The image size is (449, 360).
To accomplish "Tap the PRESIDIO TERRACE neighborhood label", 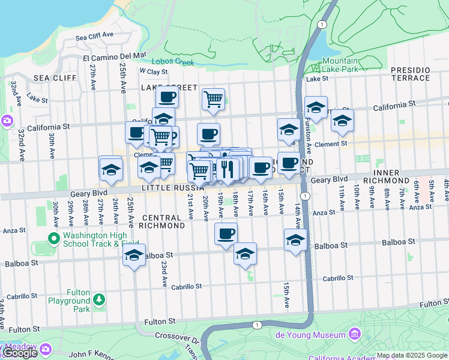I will point(411,74).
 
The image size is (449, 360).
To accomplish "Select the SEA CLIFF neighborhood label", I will point(55,78).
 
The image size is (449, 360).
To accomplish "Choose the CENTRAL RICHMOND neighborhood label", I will point(161,221).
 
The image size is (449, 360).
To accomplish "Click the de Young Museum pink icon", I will point(354,334).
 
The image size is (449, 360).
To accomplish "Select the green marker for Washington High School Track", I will point(54,239).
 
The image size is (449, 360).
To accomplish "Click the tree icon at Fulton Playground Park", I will point(98,299).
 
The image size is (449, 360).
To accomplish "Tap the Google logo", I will point(19,353).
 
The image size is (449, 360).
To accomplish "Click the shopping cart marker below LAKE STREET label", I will point(214,99).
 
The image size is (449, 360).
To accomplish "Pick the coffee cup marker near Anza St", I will point(226,234).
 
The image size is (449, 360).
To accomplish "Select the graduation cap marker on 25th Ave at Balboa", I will point(134,256).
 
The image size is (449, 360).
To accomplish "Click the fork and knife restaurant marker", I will point(227,169).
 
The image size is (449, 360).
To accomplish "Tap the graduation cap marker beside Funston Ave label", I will point(316,108).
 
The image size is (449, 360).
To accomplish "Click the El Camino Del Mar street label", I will point(114,56).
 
